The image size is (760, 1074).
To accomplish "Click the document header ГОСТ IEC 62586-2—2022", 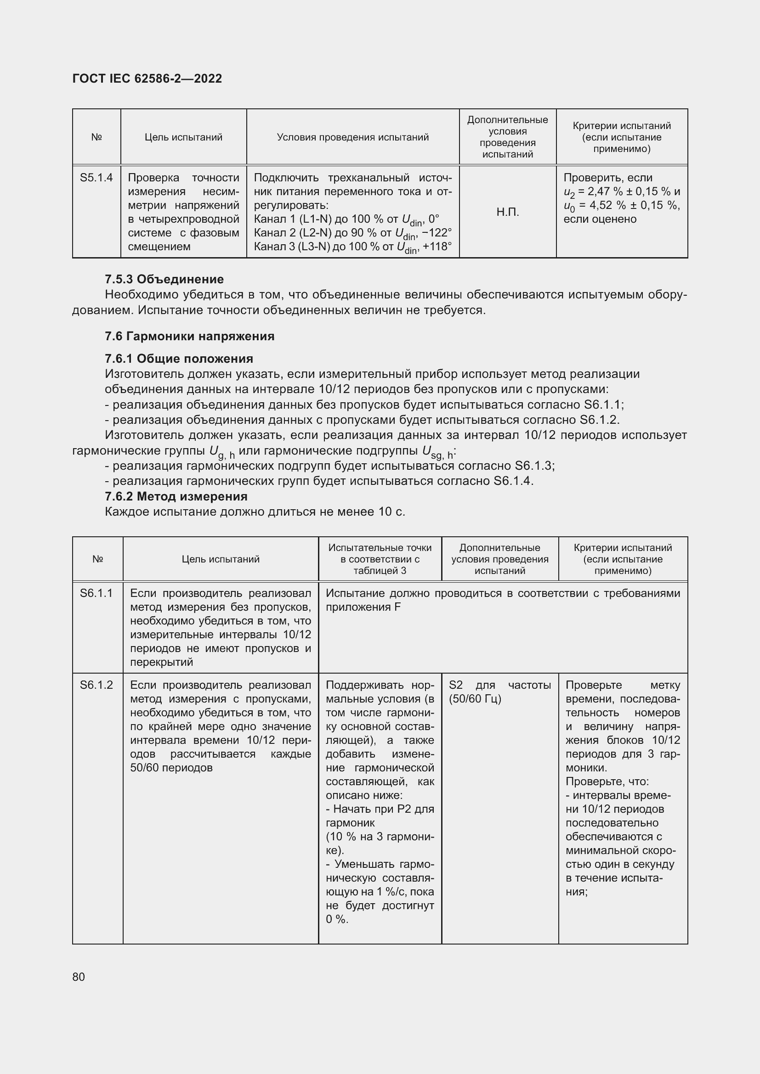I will tap(147, 79).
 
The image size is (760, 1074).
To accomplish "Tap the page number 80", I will tap(79, 977).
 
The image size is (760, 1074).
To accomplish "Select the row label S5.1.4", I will tap(96, 178).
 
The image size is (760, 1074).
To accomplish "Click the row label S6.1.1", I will tap(96, 593).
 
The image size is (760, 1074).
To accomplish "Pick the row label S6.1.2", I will tap(96, 685).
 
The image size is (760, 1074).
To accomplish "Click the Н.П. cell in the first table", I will tap(508, 212).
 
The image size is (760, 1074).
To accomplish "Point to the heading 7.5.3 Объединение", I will tap(164, 279).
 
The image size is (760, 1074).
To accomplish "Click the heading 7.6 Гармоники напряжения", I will tap(189, 336).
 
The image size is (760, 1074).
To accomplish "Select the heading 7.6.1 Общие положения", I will tap(179, 359).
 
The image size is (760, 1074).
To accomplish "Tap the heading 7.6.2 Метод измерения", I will tap(176, 496).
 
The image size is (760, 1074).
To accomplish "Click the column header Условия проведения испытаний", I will tap(352, 137).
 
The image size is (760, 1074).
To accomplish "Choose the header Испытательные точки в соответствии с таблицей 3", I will tap(380, 559).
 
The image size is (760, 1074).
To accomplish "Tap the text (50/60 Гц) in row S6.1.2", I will tap(475, 699).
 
